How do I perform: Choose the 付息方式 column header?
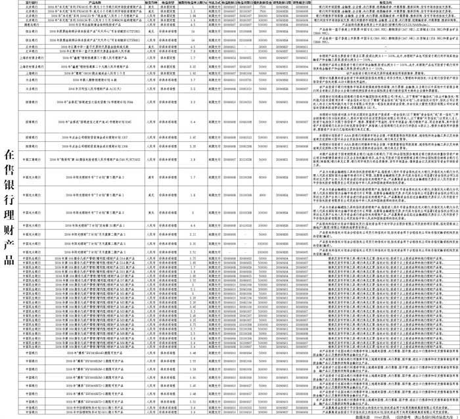tap(214, 3)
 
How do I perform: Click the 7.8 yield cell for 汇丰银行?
tap(193, 52)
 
